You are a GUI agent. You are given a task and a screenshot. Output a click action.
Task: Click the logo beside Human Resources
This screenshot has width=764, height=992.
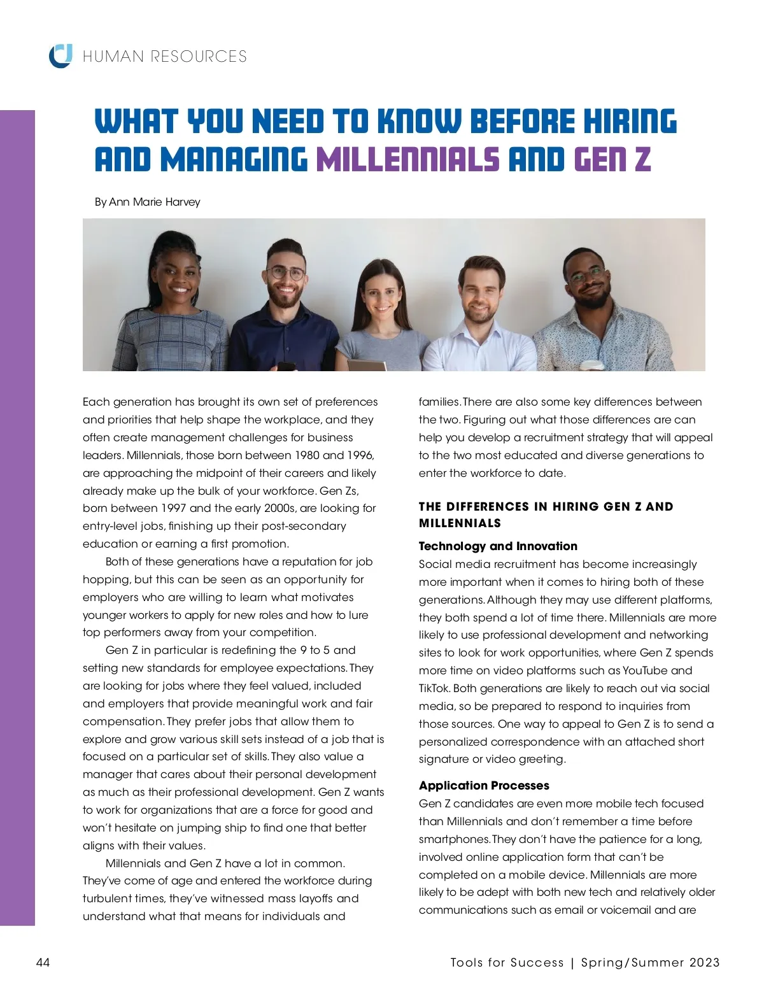tap(60, 55)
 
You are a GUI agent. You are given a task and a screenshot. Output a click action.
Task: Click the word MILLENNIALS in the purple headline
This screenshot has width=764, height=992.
tap(407, 159)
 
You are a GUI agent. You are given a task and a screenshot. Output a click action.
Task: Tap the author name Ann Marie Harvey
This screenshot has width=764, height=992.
tap(155, 202)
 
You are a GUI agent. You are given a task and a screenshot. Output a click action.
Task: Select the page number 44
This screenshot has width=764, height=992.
tap(43, 962)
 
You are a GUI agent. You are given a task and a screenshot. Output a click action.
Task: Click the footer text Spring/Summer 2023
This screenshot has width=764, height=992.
tap(650, 963)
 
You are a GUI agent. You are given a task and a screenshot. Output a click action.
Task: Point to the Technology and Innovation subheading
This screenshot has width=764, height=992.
tap(498, 546)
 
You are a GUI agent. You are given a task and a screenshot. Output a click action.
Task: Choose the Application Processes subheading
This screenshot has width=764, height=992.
tap(484, 785)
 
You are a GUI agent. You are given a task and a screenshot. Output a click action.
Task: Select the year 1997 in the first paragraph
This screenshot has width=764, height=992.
tap(173, 508)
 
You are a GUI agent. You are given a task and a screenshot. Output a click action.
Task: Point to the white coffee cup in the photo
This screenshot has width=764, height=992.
tap(593, 365)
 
